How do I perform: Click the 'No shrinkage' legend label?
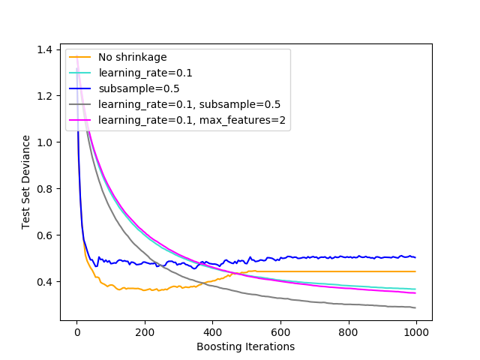coord(133,57)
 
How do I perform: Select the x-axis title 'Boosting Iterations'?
coord(246,346)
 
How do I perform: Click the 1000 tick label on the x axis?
coord(416,332)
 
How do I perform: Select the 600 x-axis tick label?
coord(280,332)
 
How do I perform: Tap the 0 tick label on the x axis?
coord(76,332)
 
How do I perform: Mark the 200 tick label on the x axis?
coord(145,332)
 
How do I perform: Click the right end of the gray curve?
coord(415,307)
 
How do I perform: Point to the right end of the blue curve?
coord(415,257)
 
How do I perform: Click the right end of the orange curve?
coord(415,271)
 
